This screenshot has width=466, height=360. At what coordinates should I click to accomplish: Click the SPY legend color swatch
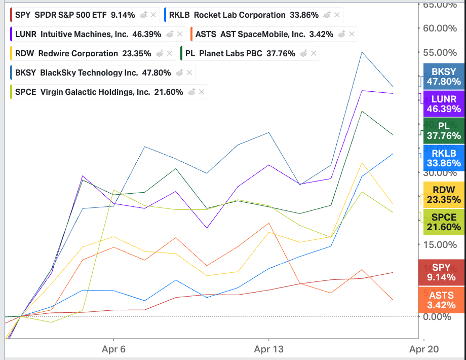pos(11,15)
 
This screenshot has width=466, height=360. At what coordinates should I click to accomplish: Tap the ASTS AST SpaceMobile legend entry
pos(263,34)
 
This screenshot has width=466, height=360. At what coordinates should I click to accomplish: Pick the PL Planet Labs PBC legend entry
pos(238,53)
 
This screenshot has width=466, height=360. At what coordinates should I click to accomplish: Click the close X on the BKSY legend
pos(189,73)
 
